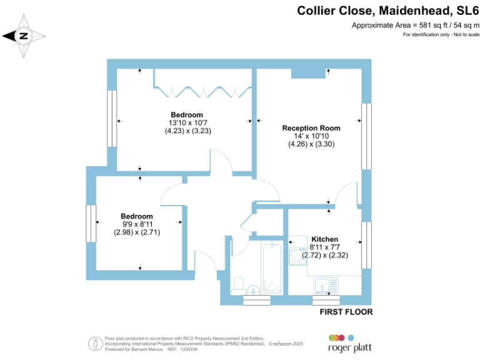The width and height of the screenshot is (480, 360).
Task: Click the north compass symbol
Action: (24, 36)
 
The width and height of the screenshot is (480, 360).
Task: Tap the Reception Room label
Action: (311, 127)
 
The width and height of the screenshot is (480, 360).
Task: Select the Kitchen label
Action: (325, 239)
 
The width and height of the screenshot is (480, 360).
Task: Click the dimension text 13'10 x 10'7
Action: (187, 123)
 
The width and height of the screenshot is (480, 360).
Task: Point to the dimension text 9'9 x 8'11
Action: (137, 224)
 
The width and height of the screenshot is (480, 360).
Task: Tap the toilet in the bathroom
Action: (238, 286)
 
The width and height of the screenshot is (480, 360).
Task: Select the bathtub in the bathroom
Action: (272, 267)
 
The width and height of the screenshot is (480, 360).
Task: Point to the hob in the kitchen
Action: (295, 257)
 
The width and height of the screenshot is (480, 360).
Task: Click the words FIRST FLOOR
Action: (346, 311)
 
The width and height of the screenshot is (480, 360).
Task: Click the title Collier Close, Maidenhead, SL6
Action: (387, 10)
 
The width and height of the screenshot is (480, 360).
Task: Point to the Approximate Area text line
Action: (416, 25)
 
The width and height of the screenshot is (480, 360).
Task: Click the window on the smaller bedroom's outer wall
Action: (91, 223)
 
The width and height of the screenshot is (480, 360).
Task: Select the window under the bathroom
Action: (256, 300)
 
